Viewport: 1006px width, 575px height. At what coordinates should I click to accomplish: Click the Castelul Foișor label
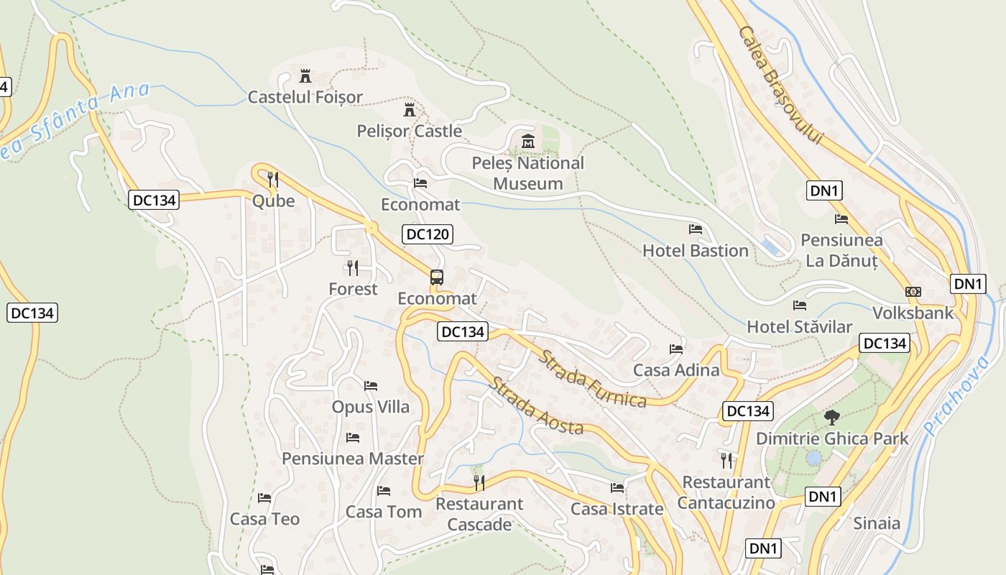pos(305,97)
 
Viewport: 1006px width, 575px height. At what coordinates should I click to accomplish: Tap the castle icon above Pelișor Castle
pos(410,110)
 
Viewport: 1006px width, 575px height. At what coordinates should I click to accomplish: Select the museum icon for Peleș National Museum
pos(528,142)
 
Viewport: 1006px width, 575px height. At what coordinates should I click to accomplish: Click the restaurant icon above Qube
pos(273,179)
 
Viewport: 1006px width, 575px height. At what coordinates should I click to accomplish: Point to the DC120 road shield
pos(427,234)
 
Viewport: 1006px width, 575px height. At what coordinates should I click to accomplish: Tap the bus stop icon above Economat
pos(436,277)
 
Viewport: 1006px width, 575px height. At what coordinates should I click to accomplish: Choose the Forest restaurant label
pos(353,289)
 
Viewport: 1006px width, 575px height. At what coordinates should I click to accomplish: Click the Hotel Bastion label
pos(695,251)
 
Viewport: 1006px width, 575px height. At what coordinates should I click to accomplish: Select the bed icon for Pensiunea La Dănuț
pos(841,219)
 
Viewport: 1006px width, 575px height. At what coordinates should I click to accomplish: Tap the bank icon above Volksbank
pos(913,292)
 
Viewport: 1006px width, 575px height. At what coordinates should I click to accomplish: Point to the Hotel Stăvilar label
pos(799,327)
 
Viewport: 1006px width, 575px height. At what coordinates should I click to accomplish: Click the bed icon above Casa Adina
pos(676,349)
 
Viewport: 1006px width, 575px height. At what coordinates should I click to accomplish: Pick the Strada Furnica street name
pos(594,379)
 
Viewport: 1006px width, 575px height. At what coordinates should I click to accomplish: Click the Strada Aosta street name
pos(536,406)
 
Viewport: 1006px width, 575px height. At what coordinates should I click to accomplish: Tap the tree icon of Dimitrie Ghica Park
pos(832,417)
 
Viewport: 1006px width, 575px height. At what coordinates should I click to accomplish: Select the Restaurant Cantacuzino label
pos(726,492)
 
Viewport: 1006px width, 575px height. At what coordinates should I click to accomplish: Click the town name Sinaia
pos(876,523)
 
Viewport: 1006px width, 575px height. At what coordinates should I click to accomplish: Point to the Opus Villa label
pos(370,407)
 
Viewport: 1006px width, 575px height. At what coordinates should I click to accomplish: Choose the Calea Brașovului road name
pos(780,86)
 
